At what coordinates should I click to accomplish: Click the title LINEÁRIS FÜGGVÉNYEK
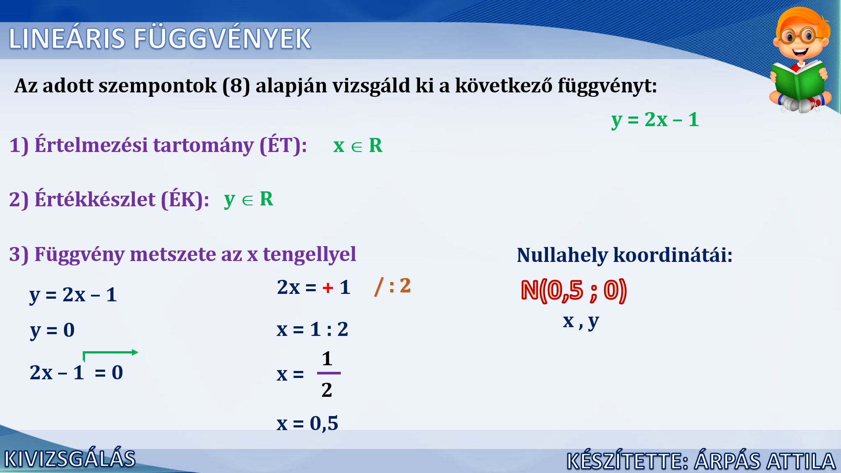(x=160, y=38)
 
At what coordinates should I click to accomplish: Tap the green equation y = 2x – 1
(x=655, y=120)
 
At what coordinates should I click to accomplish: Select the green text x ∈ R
(x=358, y=145)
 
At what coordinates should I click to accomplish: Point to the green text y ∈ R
(x=248, y=199)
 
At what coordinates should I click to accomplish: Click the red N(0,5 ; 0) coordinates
(x=574, y=290)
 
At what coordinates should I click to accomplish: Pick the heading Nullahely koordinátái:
(x=625, y=255)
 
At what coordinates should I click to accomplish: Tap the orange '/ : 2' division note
(x=393, y=286)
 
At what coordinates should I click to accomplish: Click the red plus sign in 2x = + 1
(x=328, y=288)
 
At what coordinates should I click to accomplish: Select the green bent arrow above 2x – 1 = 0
(x=110, y=352)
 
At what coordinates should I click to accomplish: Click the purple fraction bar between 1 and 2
(x=329, y=373)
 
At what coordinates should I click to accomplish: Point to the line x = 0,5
(x=307, y=424)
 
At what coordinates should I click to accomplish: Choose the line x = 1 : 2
(x=312, y=329)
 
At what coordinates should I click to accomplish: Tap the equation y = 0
(x=52, y=330)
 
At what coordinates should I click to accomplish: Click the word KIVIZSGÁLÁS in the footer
(x=70, y=459)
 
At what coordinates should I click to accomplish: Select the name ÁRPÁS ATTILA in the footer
(x=765, y=461)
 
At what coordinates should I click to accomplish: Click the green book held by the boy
(x=798, y=81)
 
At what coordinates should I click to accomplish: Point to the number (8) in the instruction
(x=236, y=86)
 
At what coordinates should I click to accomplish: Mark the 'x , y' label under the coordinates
(x=581, y=321)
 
